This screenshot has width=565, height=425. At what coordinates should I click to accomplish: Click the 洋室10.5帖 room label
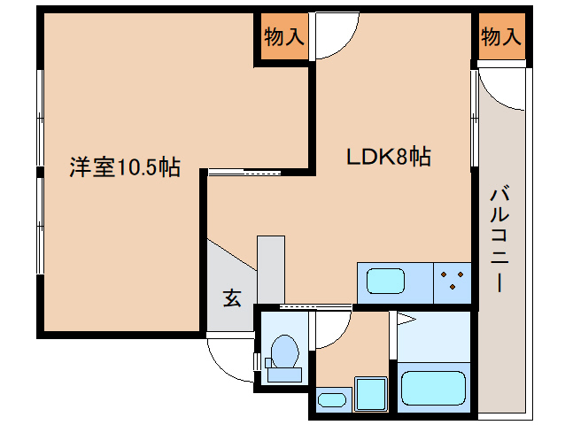pos(125,167)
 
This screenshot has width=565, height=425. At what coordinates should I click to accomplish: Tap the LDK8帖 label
pos(388,158)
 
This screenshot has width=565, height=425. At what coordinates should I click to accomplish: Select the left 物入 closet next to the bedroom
pos(283,38)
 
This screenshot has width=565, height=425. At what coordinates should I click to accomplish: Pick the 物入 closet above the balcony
pos(500,38)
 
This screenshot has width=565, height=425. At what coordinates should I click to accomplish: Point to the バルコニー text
pos(500,237)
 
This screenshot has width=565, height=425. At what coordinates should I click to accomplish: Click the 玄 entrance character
pos(231,298)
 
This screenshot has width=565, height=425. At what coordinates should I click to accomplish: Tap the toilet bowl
pos(284,352)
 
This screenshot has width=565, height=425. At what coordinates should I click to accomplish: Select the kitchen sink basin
pos(385,282)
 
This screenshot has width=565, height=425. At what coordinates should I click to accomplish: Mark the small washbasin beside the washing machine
pos(331,399)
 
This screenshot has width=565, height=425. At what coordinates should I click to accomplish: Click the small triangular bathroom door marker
pos(406,318)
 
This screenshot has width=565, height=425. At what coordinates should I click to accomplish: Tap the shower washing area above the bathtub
pos(433,336)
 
